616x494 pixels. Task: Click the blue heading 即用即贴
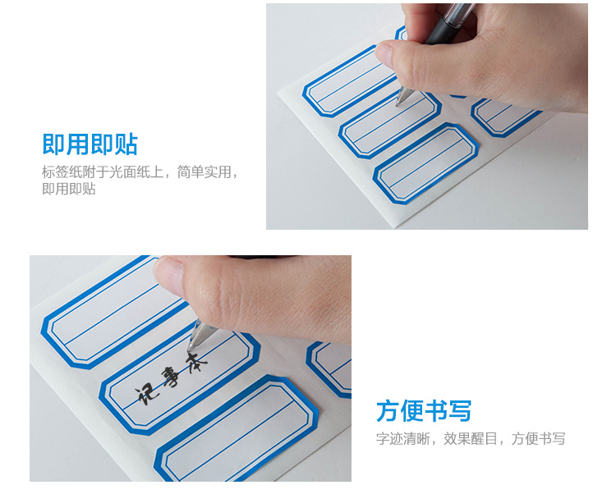tap(90, 144)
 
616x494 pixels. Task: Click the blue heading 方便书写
tap(424, 411)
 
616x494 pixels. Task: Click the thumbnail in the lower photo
tap(169, 276)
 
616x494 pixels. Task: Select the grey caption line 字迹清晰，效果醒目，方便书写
tap(471, 439)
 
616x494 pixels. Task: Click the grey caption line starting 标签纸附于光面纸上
tap(140, 172)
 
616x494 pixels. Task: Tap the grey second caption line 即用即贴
tap(69, 189)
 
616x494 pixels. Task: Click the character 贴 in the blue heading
tap(126, 144)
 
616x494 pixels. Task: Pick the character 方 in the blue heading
tap(388, 411)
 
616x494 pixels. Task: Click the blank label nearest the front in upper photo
tap(425, 163)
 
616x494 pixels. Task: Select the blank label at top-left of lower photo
tap(111, 311)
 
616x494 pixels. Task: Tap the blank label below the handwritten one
tap(237, 428)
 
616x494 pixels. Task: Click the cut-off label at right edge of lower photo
tap(329, 368)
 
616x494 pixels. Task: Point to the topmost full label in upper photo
tap(350, 81)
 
